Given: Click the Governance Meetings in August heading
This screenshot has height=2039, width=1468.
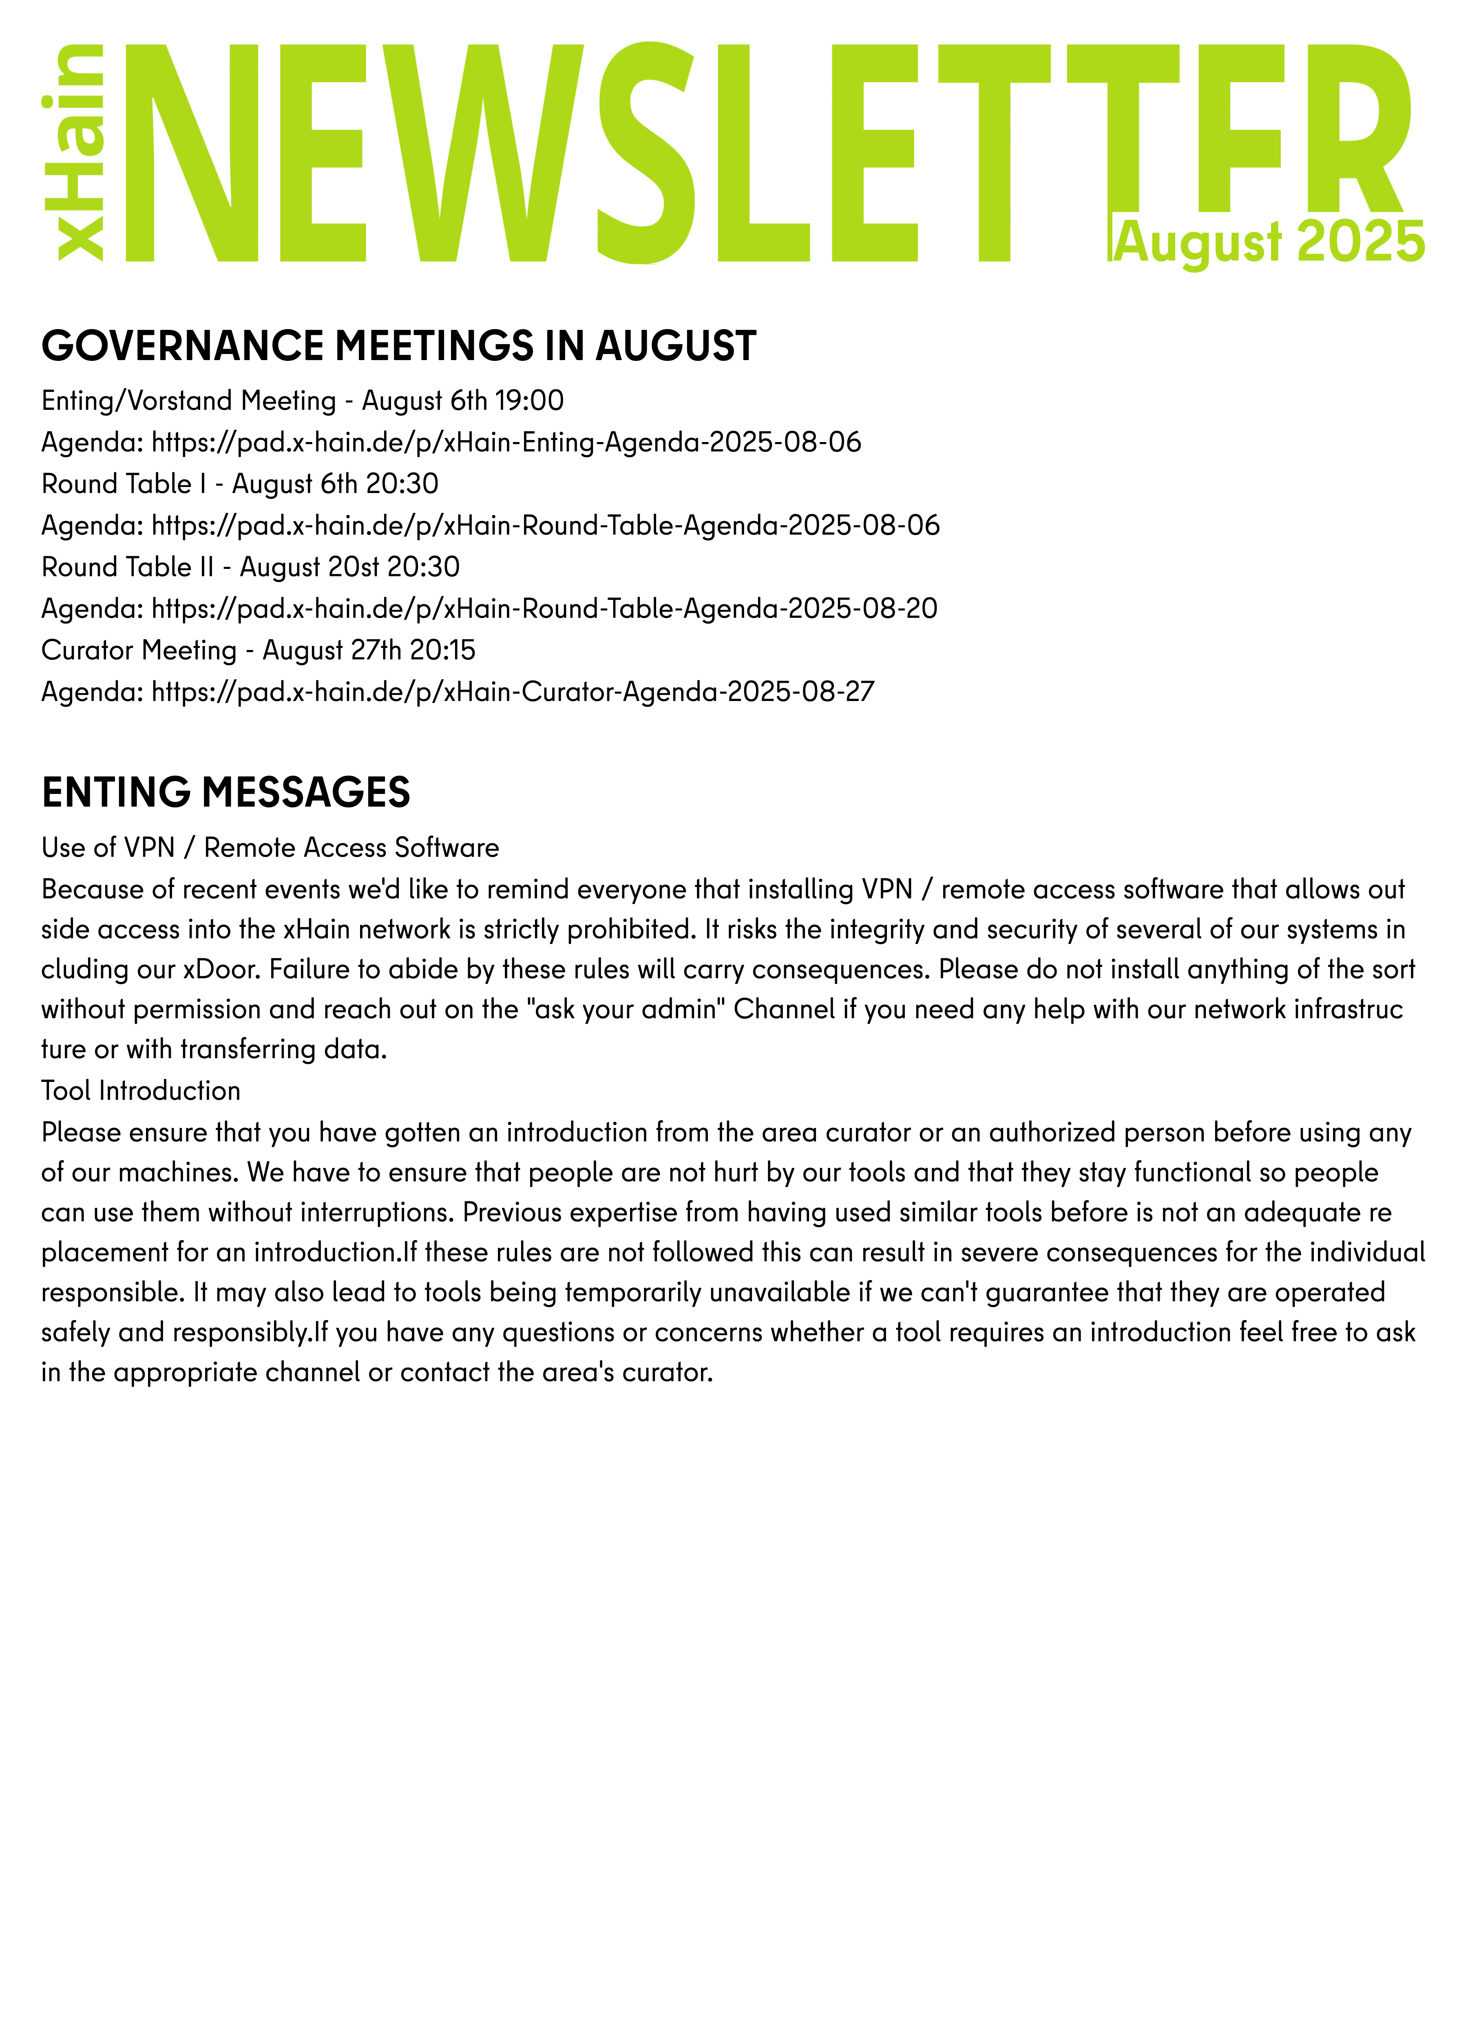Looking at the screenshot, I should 398,346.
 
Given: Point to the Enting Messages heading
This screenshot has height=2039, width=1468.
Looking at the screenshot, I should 226,792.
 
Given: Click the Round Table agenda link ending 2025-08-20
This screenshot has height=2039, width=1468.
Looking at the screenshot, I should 544,609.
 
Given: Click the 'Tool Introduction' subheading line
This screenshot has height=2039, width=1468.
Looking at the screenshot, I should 141,1090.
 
